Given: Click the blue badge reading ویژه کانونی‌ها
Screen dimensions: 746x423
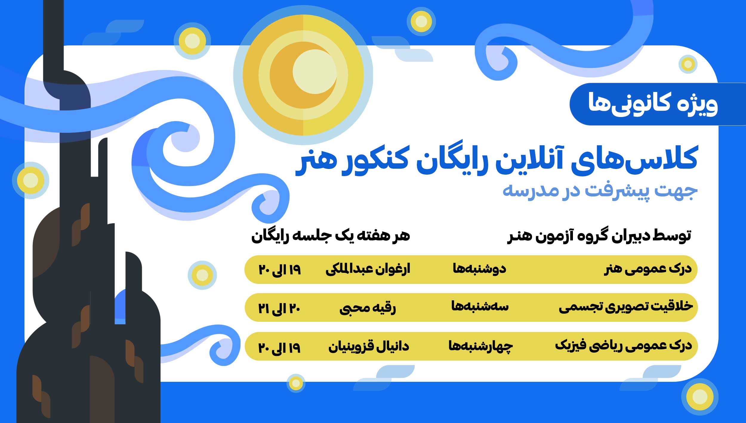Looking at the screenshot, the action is click(658, 104).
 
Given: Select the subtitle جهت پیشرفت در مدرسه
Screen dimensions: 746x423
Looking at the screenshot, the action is click(600, 191).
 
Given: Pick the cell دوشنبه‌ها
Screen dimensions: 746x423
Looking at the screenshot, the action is click(480, 269).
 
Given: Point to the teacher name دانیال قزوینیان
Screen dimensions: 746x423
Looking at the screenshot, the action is click(369, 347).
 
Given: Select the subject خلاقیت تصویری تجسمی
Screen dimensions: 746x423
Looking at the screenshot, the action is click(626, 307).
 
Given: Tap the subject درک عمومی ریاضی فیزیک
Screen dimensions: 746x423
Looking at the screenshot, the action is click(623, 346).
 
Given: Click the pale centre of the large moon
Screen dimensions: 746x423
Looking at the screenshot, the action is click(315, 72).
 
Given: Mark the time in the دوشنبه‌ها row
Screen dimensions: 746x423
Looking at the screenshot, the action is click(280, 270).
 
